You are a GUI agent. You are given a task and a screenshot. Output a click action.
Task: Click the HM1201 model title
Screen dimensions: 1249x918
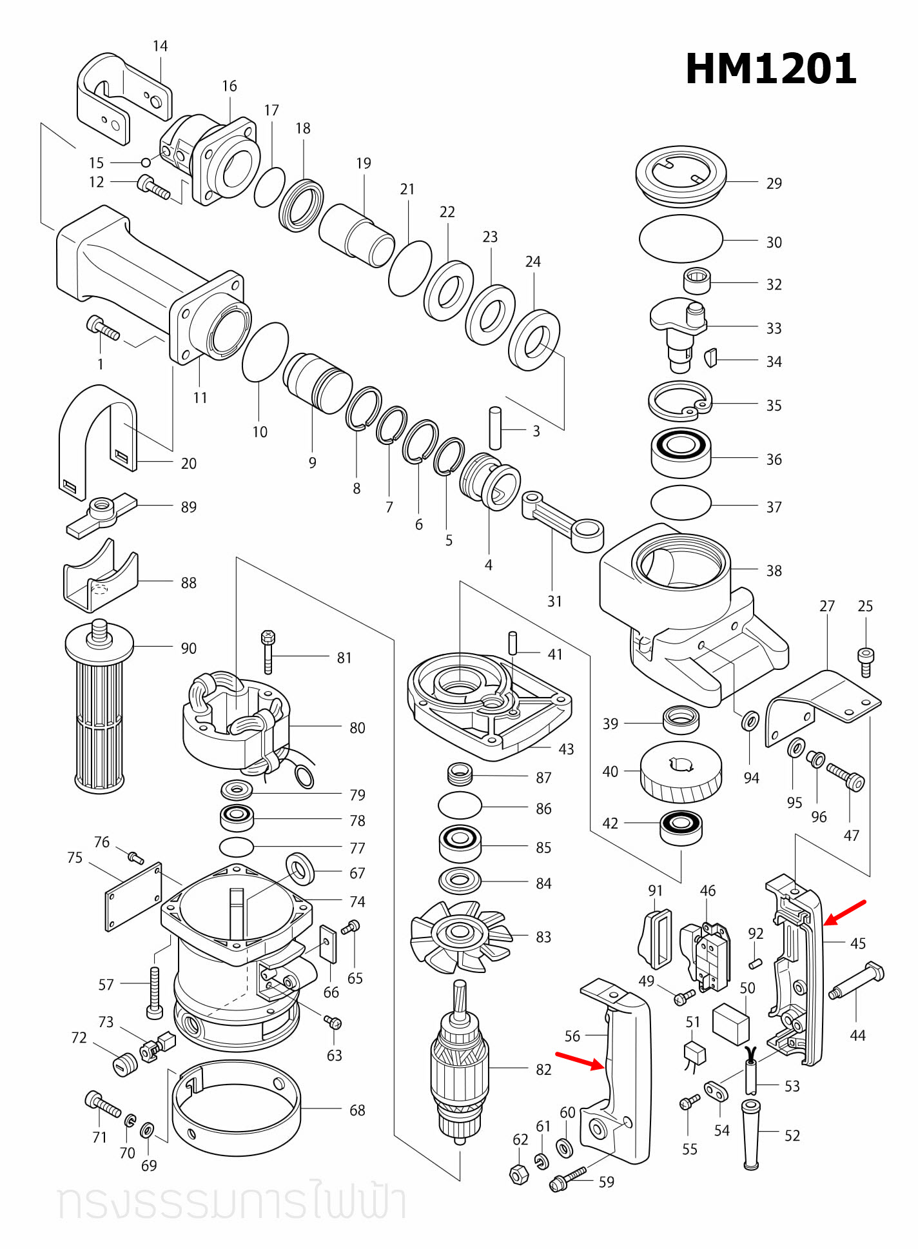pyautogui.click(x=770, y=69)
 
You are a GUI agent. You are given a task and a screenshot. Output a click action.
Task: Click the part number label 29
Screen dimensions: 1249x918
pyautogui.click(x=774, y=184)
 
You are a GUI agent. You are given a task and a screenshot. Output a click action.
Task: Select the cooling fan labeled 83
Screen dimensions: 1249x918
pyautogui.click(x=460, y=936)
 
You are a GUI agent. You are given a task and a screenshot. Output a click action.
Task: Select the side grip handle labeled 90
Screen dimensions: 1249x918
pyautogui.click(x=99, y=709)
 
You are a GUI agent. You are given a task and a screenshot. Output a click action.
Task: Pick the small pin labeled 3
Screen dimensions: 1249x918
pyautogui.click(x=495, y=428)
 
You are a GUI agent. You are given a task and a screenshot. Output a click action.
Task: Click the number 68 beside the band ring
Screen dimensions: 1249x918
pyautogui.click(x=357, y=1110)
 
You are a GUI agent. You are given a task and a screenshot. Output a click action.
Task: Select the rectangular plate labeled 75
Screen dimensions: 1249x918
pyautogui.click(x=133, y=896)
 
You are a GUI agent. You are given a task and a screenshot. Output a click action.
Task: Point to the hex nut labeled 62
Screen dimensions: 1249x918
pyautogui.click(x=519, y=1174)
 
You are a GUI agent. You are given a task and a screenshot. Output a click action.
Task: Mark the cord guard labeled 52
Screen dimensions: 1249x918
pyautogui.click(x=750, y=1135)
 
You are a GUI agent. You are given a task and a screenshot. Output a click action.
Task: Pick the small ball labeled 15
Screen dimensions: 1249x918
pyautogui.click(x=146, y=162)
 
